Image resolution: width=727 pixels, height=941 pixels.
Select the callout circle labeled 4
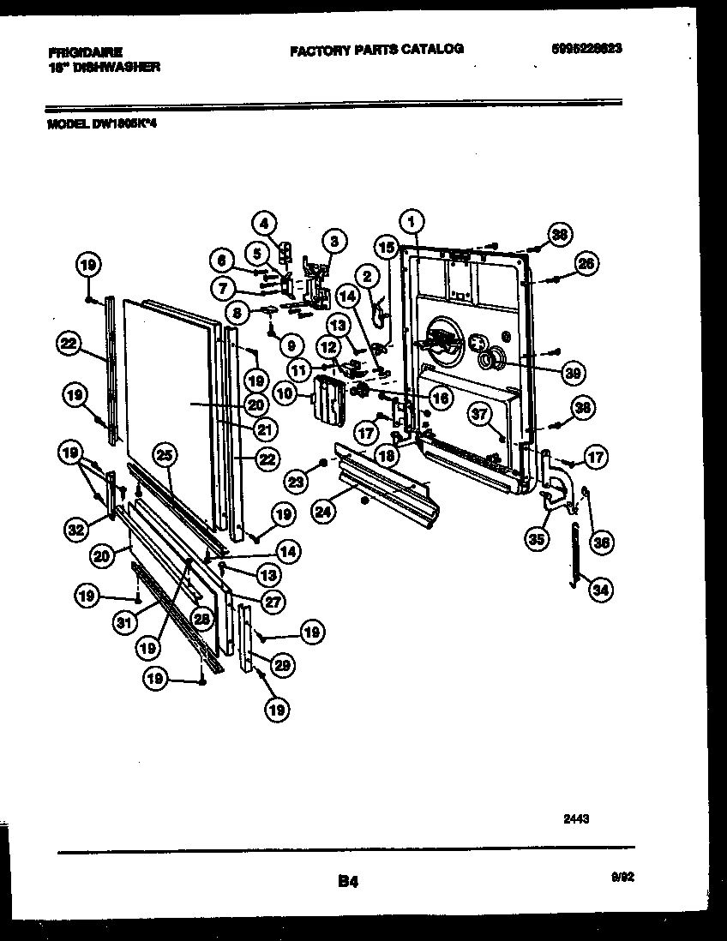click(x=264, y=223)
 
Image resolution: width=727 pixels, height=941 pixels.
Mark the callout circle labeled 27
click(x=273, y=602)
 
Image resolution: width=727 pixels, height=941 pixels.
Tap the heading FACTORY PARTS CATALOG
click(x=376, y=50)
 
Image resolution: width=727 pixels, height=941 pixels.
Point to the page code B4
click(x=347, y=880)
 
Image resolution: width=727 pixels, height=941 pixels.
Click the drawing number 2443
click(x=576, y=819)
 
